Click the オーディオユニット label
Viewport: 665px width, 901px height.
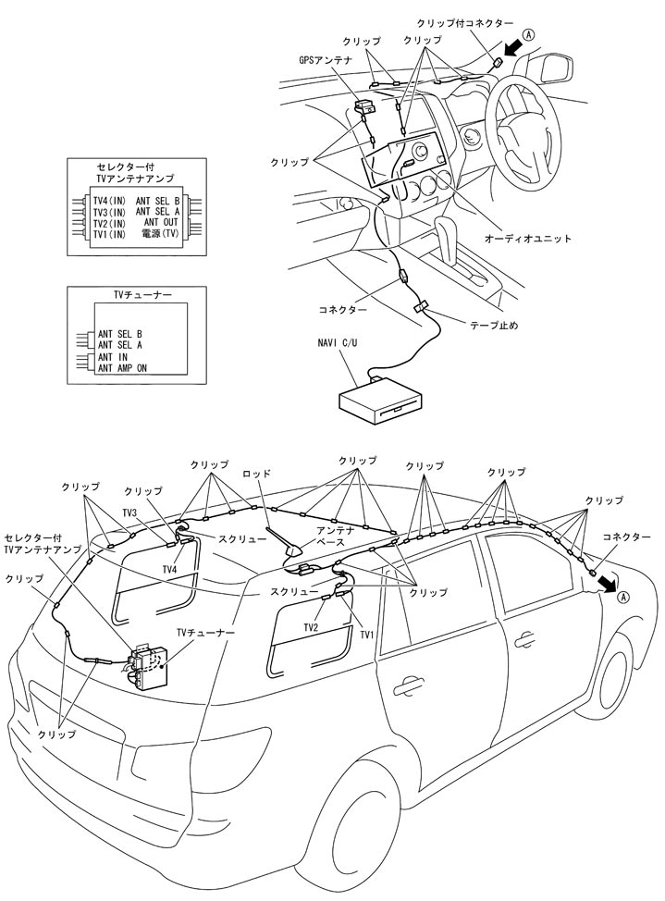coord(528,238)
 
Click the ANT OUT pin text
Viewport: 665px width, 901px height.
coord(161,222)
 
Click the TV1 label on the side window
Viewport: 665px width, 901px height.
coord(367,636)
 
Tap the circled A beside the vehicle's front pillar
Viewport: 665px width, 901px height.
coord(622,598)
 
